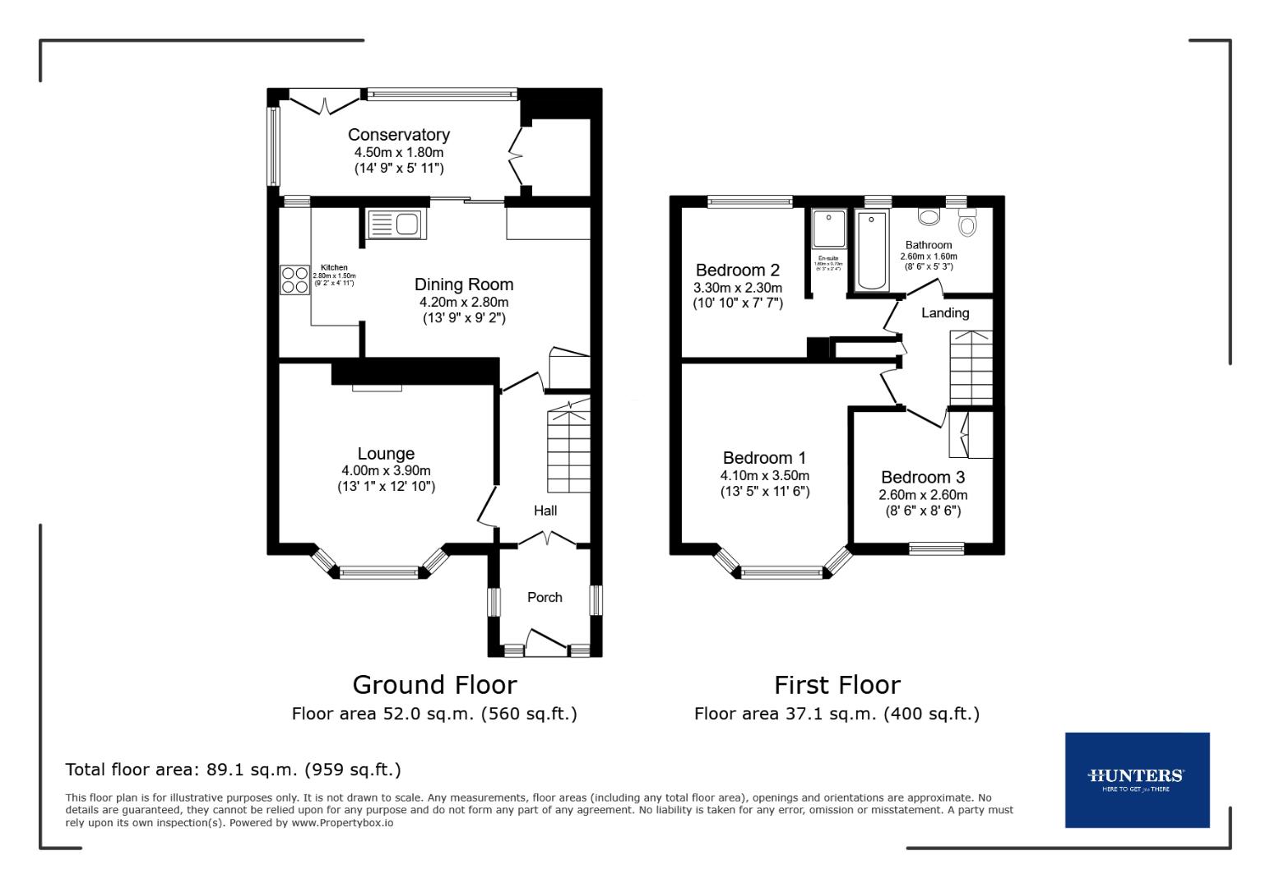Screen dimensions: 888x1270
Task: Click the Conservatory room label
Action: [398, 135]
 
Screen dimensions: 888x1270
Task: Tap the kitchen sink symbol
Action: [394, 224]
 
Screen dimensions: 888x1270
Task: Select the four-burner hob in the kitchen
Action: [292, 280]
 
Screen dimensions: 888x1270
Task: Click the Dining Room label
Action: [463, 284]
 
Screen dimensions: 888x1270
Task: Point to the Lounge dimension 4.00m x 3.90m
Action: [386, 470]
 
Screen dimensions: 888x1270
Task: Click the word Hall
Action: [545, 511]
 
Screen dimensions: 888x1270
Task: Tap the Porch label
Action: [545, 597]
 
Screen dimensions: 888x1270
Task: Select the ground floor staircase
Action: [569, 448]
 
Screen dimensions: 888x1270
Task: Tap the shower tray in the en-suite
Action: [828, 229]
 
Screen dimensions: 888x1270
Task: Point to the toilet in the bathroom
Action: [967, 224]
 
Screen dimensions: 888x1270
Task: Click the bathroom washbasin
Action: [929, 217]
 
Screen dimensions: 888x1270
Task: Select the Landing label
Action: [944, 312]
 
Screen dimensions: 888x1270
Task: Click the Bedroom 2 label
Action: [737, 270]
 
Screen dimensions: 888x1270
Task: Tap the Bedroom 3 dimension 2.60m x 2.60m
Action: [923, 495]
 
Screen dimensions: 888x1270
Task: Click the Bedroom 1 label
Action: [764, 458]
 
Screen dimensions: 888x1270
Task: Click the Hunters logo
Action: [1136, 779]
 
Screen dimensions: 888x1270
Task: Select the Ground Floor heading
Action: [434, 685]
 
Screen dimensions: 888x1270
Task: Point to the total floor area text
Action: [233, 770]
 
